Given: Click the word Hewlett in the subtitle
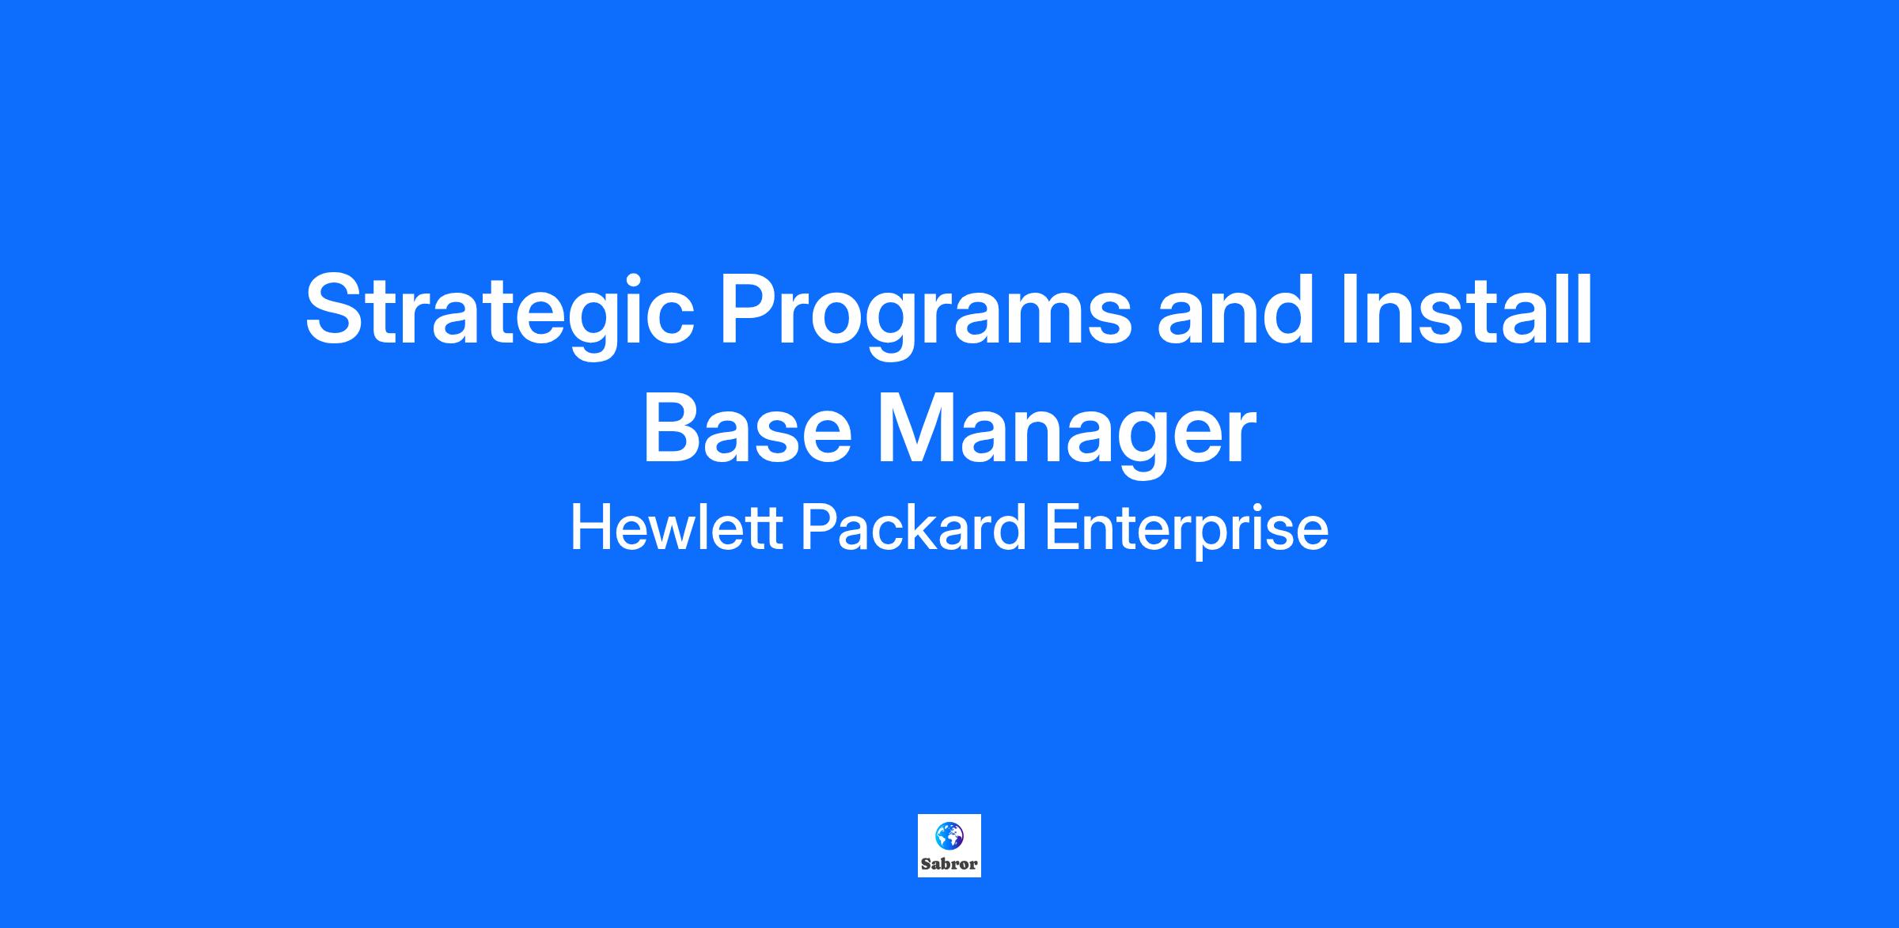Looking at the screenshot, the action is (677, 528).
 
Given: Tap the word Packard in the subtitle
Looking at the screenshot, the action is (914, 528).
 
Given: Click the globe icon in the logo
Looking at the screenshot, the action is (949, 834).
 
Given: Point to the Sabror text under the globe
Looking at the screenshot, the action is (949, 864).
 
